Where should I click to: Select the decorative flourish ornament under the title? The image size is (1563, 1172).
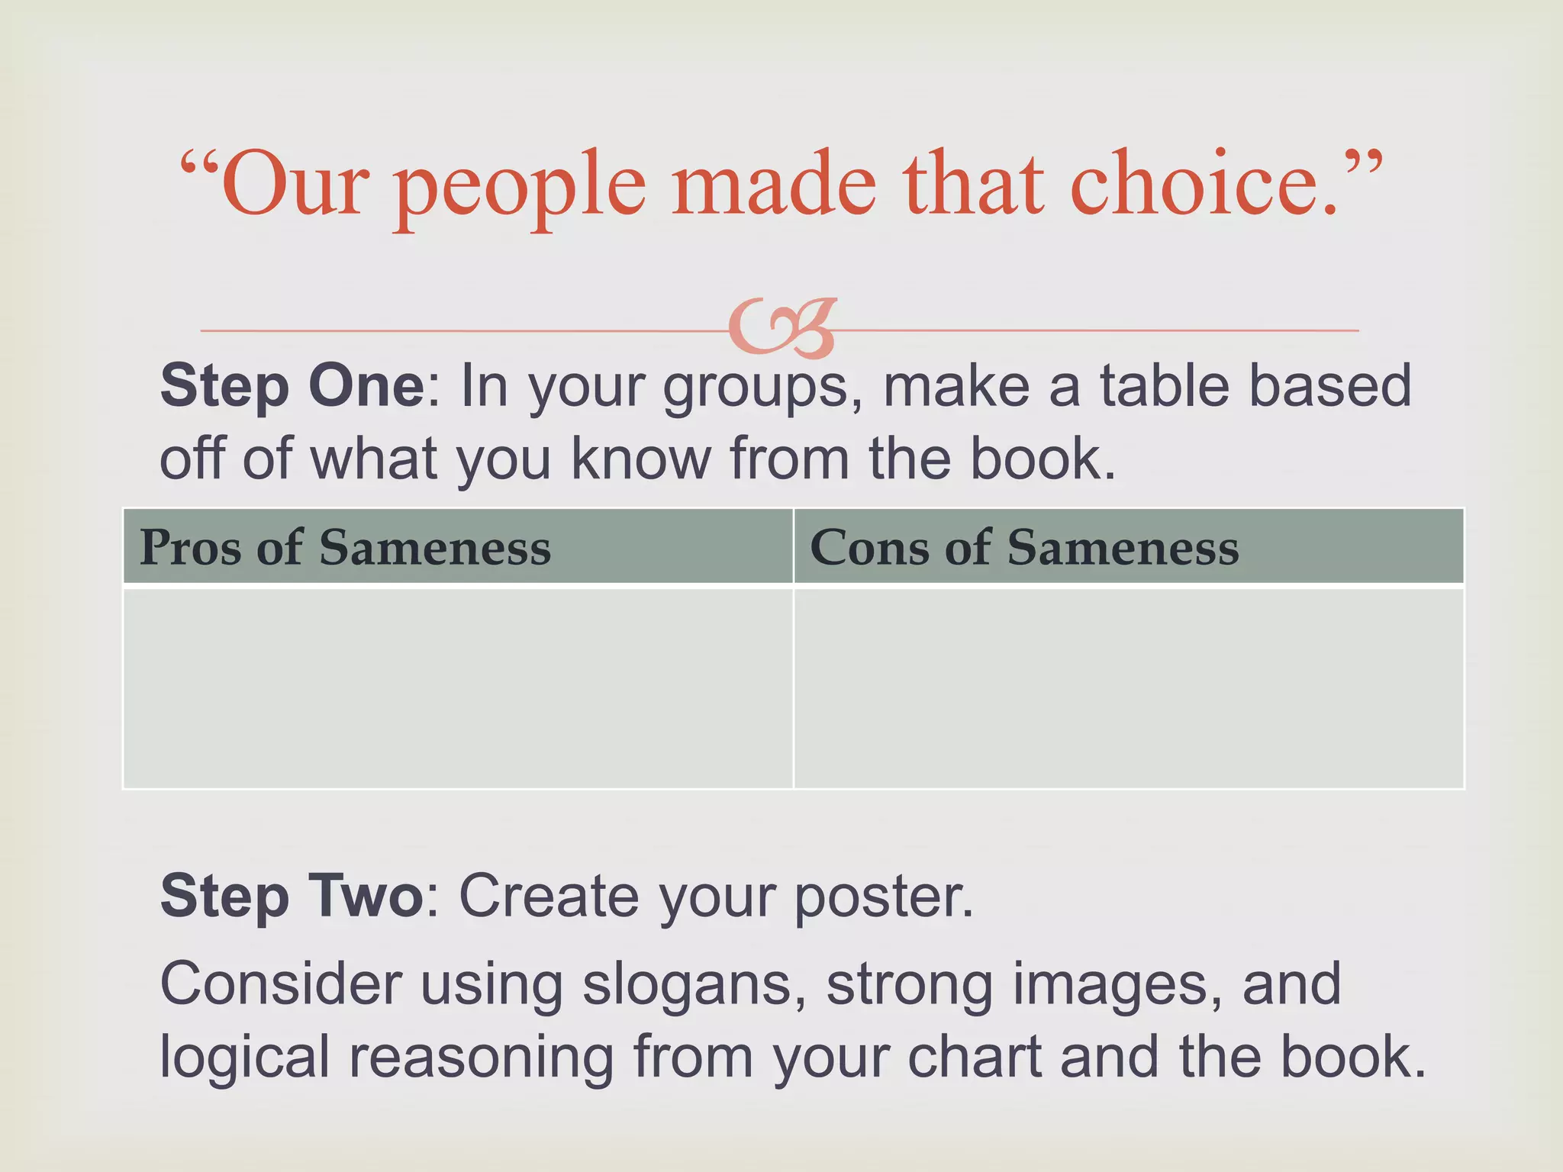pos(782,329)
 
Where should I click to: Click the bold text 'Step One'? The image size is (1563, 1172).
pos(292,386)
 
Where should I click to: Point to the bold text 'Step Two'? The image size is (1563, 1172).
pos(291,896)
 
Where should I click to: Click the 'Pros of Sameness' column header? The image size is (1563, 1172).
pos(345,548)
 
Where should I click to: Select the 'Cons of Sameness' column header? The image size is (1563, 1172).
pos(1024,548)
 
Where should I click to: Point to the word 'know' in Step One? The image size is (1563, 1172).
pos(641,459)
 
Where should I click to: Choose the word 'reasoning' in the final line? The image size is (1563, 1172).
pos(482,1059)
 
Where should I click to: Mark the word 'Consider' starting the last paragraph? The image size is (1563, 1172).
pos(281,984)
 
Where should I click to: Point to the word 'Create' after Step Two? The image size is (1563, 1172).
pos(549,896)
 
